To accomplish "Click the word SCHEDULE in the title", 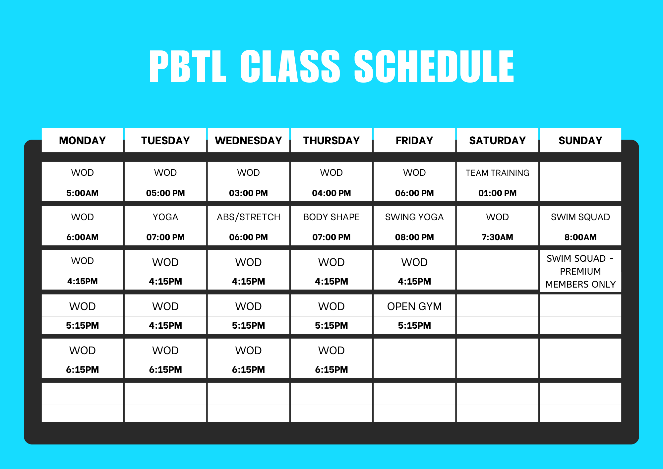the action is click(x=434, y=66).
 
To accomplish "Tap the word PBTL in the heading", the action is click(x=188, y=66).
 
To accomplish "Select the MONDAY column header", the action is click(x=83, y=141).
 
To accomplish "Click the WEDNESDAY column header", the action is click(x=249, y=141).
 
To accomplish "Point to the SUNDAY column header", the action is click(x=580, y=141).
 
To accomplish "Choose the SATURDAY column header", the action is click(x=498, y=141).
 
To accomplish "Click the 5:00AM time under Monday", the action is click(x=83, y=193).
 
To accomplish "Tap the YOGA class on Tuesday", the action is click(x=165, y=217).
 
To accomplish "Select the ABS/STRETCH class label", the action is click(x=249, y=217).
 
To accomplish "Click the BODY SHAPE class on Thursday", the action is click(x=331, y=217).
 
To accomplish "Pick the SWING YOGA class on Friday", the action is click(x=414, y=217).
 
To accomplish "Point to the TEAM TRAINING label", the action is click(x=498, y=173).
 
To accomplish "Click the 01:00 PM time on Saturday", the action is click(x=498, y=193).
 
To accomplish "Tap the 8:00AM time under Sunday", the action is click(x=580, y=237).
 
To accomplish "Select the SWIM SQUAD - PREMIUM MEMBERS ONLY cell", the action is click(x=580, y=271).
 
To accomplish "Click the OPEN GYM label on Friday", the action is click(x=414, y=306).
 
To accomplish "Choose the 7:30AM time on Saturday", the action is click(x=498, y=237).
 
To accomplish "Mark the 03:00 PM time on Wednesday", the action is click(x=249, y=193).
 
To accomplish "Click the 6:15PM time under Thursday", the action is click(x=331, y=369).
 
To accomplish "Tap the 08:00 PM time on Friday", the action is click(x=414, y=237).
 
